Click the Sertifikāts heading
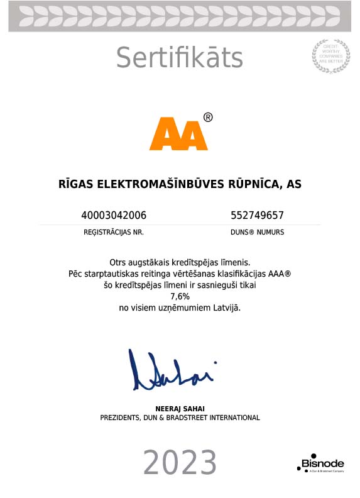[x=179, y=58]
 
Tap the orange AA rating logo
[x=178, y=133]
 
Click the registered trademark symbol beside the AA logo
[x=208, y=118]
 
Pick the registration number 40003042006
[x=114, y=215]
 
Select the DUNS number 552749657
[x=258, y=215]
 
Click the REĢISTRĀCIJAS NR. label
[x=114, y=232]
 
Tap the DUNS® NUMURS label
[x=258, y=232]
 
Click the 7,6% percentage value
[x=179, y=297]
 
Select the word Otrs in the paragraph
[x=119, y=262]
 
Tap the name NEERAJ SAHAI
[x=180, y=409]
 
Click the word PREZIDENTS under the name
[x=122, y=418]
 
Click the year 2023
[x=180, y=463]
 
